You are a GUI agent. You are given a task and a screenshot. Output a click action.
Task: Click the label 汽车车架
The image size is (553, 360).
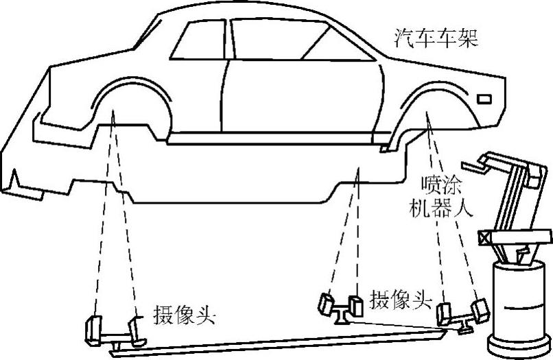click(x=436, y=36)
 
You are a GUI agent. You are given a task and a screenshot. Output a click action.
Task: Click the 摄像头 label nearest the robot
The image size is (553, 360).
click(x=401, y=299)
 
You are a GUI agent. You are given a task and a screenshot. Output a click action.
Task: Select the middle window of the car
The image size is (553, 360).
click(x=271, y=40)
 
